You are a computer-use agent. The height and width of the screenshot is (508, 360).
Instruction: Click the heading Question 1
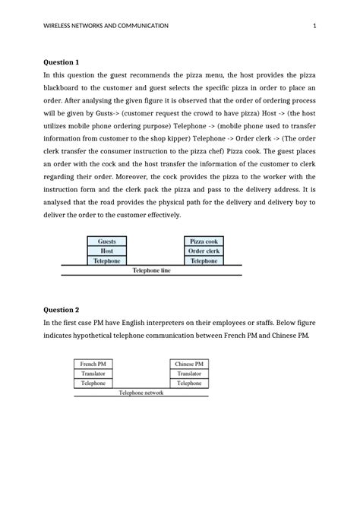pyautogui.click(x=61, y=62)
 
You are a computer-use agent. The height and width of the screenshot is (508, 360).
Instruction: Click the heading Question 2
pyautogui.click(x=61, y=310)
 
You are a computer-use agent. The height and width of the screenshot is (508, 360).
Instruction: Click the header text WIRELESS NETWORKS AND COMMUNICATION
pyautogui.click(x=106, y=26)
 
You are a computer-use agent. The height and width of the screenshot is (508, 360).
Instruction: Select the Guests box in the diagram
pyautogui.click(x=107, y=241)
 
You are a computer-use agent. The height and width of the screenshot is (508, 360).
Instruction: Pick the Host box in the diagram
pyautogui.click(x=107, y=251)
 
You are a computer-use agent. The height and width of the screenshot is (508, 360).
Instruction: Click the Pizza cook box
pyautogui.click(x=204, y=241)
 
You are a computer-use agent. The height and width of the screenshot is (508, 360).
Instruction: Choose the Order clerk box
pyautogui.click(x=204, y=251)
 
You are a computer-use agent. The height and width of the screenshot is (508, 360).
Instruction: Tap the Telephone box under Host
pyautogui.click(x=107, y=260)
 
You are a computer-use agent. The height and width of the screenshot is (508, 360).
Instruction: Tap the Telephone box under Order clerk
pyautogui.click(x=204, y=260)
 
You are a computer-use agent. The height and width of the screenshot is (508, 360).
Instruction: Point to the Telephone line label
pyautogui.click(x=152, y=270)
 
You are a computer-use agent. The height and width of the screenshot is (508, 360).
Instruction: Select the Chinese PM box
pyautogui.click(x=189, y=364)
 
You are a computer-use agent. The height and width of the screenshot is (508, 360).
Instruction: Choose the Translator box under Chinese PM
pyautogui.click(x=189, y=374)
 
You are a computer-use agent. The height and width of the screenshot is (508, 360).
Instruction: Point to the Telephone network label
pyautogui.click(x=141, y=393)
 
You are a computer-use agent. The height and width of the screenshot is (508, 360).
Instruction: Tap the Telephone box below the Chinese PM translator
pyautogui.click(x=189, y=383)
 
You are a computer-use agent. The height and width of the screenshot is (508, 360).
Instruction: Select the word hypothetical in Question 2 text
pyautogui.click(x=103, y=335)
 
